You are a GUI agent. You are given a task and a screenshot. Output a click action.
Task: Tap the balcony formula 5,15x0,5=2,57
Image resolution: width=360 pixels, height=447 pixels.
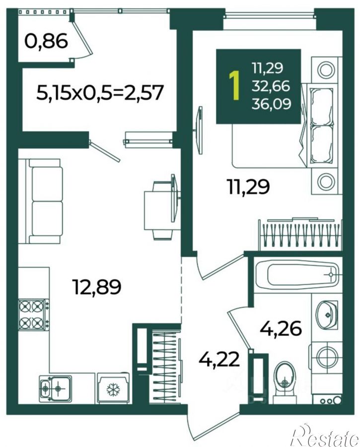coord(100,93)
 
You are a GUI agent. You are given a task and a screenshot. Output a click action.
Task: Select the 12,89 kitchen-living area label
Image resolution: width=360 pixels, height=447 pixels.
coord(97,286)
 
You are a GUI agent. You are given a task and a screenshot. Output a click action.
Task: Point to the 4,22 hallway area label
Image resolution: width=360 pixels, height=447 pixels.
coord(219,360)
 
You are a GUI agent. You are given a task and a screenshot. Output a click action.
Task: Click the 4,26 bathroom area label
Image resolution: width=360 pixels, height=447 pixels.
coord(281,329)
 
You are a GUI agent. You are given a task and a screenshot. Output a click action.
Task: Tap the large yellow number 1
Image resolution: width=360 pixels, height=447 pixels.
coord(234,86)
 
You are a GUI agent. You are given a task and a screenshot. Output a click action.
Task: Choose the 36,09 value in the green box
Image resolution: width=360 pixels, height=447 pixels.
coord(271,104)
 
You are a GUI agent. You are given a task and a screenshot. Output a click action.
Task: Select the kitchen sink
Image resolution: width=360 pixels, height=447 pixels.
coord(55,387)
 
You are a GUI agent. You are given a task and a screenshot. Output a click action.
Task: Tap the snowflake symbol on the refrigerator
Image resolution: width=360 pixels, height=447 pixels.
coord(113,389)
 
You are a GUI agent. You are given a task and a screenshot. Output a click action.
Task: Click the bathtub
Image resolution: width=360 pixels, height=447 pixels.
coord(297,274)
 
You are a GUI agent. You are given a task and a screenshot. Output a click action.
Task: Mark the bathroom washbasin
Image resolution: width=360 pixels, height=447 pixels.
coord(327,315)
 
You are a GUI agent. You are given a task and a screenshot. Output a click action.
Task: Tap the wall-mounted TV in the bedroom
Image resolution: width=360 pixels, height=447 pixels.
coord(200,130)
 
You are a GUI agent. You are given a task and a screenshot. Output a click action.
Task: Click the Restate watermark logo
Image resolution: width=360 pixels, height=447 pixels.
coord(325,436)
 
